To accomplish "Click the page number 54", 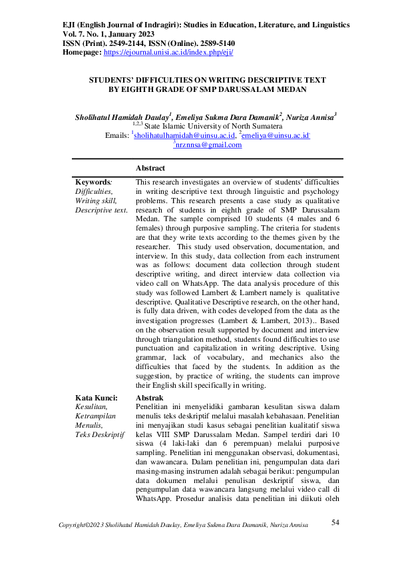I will click(x=335, y=522).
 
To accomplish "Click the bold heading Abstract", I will click(x=150, y=169).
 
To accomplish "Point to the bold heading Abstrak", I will click(x=148, y=396).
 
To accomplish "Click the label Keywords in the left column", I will click(x=93, y=182).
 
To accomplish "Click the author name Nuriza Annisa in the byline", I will click(x=313, y=116).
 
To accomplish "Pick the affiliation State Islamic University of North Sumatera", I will click(x=214, y=125).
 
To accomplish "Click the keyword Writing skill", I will click(x=96, y=201).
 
